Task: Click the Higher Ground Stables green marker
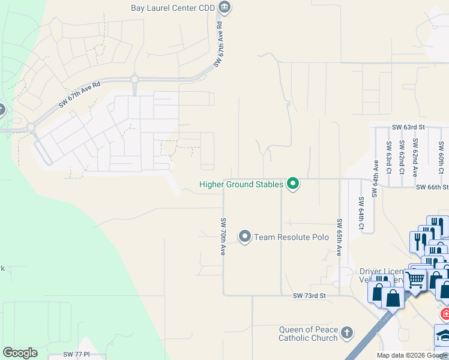[x=293, y=184]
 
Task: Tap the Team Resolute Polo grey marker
[x=245, y=237]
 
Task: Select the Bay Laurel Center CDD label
[x=173, y=8]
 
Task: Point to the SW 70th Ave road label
[x=223, y=237]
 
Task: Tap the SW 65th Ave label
[x=339, y=237]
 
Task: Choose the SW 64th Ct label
[x=361, y=214]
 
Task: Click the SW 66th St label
[x=432, y=188]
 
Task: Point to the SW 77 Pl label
[x=76, y=355]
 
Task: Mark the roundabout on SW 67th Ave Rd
[x=134, y=79]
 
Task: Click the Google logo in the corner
[x=20, y=353]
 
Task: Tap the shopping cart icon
[x=414, y=279]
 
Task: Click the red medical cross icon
[x=445, y=314]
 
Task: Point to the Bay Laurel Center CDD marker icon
[x=225, y=8]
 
